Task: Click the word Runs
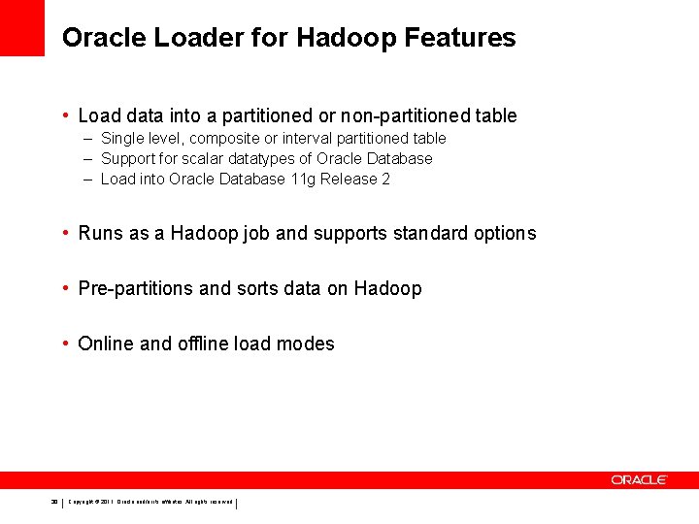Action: coord(98,233)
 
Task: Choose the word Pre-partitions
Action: coord(133,288)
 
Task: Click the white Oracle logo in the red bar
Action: coord(639,479)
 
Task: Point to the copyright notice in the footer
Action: coord(150,503)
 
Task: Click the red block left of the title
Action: coord(22,28)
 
